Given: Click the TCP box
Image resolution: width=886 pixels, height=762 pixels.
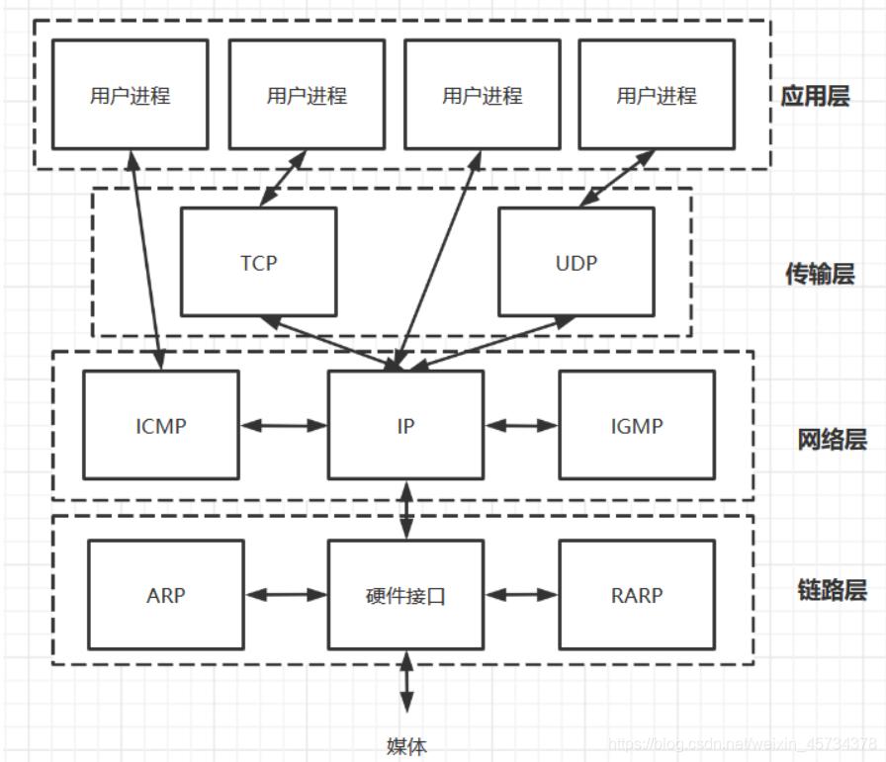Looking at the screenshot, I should (258, 263).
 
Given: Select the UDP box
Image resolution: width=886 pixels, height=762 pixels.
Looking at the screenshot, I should (576, 263).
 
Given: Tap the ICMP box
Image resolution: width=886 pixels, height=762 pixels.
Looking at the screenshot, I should (160, 426).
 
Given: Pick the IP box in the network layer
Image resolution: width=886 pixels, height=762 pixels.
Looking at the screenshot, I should (405, 426).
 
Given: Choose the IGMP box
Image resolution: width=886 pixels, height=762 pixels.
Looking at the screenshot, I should (636, 426).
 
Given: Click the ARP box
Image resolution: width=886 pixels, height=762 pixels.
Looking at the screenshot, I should (165, 595).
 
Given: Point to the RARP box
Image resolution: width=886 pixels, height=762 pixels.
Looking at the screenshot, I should (636, 595).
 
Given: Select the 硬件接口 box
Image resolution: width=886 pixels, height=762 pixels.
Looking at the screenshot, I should (405, 595).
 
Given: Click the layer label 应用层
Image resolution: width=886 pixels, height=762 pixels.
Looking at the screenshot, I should (814, 97).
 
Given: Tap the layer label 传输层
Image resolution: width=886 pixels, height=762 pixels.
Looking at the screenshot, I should (820, 275).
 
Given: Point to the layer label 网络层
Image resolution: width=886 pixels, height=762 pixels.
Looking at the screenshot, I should (832, 439).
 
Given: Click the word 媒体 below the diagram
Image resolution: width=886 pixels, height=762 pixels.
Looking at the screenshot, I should (406, 746).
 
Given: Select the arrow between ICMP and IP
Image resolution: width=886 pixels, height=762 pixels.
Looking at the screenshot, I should (284, 426).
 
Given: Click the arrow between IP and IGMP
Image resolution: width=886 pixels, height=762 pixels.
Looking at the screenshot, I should (521, 426).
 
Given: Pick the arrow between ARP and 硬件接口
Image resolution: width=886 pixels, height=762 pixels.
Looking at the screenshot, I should (286, 595).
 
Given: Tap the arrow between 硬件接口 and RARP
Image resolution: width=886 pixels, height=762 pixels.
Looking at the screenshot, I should (521, 595).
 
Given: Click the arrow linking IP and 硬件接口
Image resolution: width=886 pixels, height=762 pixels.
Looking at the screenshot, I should (406, 510).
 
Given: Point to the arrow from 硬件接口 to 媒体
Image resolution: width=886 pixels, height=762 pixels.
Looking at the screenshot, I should (406, 682).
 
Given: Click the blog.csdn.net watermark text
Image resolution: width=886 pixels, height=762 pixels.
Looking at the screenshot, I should (742, 743).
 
